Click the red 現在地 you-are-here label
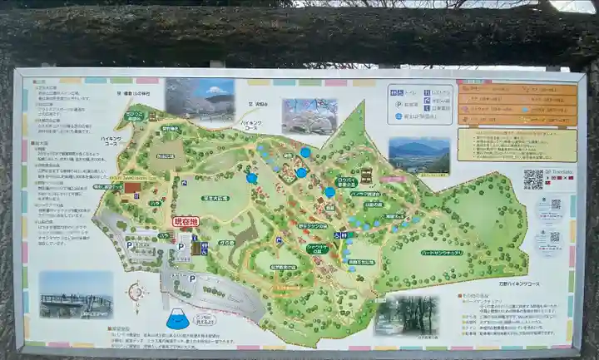point(186,221)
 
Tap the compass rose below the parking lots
point(138,292)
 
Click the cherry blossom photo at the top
point(309,116)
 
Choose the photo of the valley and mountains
point(418,155)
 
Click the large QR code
point(533,180)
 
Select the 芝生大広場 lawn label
point(215,198)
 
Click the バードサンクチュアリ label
point(442,252)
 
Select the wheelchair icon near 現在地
point(204,247)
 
